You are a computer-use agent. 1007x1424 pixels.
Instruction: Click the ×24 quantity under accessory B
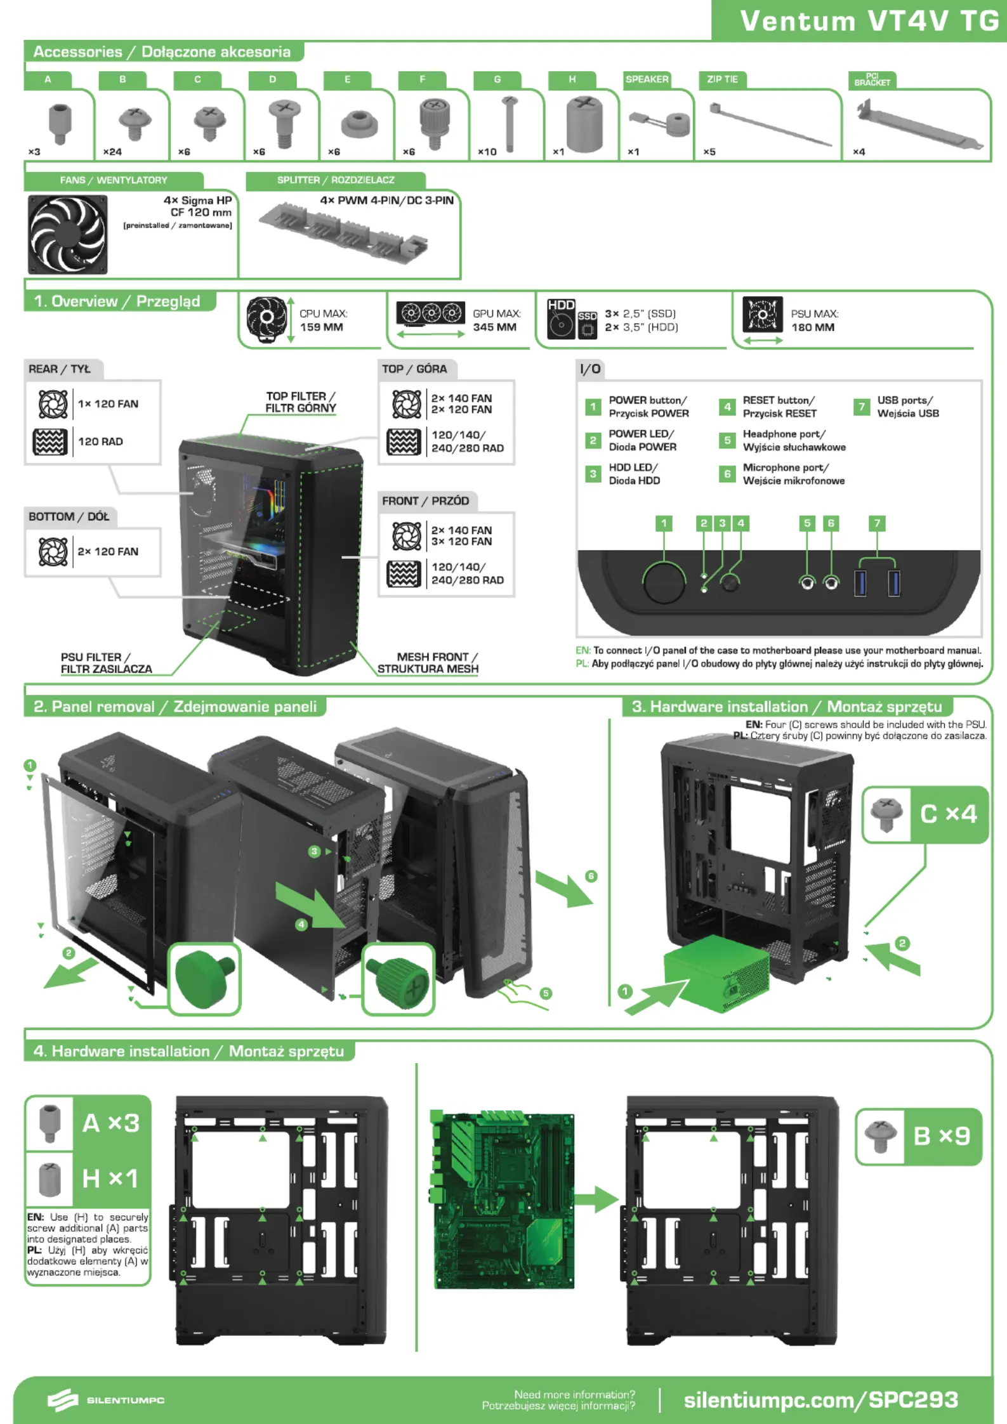click(112, 152)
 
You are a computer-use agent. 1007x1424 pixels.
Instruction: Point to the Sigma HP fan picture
click(68, 234)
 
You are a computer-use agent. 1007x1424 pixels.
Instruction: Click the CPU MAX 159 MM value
click(321, 327)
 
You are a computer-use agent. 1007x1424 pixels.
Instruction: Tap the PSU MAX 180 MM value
click(812, 327)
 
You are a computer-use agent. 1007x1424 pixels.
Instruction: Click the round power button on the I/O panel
click(664, 582)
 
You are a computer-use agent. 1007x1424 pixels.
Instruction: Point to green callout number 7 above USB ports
click(877, 523)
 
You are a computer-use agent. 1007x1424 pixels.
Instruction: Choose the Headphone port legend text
click(793, 440)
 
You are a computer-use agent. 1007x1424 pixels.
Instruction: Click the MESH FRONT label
click(428, 663)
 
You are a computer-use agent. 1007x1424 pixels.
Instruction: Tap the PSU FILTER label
click(106, 663)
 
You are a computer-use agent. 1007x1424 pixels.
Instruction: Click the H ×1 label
click(110, 1179)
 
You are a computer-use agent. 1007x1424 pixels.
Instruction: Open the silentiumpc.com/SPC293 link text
click(820, 1399)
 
